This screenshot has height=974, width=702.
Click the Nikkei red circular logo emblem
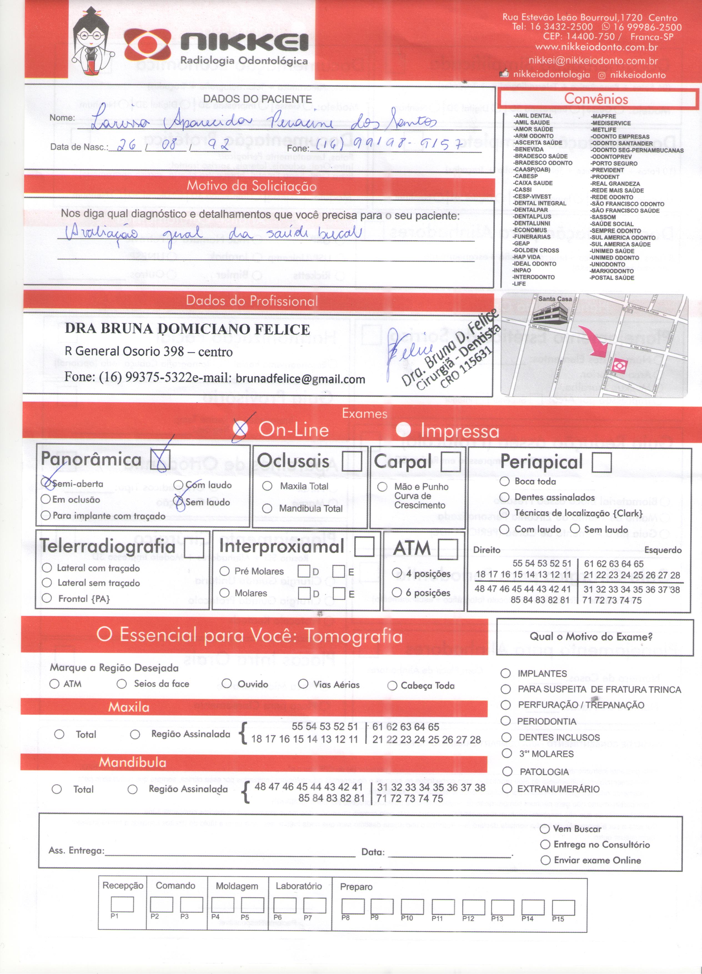pos(147,46)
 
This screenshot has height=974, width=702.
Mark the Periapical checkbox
pos(601,462)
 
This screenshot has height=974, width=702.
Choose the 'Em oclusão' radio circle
pos(46,499)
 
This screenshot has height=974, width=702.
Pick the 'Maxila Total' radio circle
pos(267,486)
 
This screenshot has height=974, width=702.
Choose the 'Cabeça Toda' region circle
pos(392,685)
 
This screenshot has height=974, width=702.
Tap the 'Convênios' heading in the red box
pos(596,99)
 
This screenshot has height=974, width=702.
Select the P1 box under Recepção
pos(122,904)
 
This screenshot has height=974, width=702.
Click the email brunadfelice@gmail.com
pos(300,379)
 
